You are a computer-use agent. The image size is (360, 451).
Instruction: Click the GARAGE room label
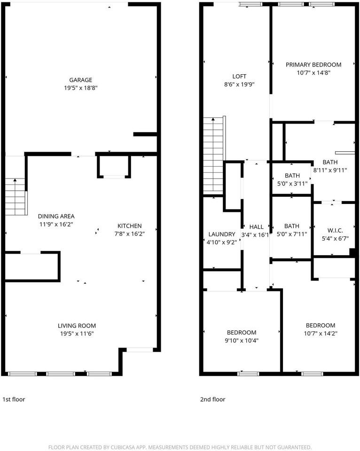[x=80, y=80]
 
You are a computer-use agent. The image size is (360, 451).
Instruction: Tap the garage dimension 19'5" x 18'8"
[x=80, y=88]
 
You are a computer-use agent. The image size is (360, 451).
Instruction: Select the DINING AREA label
[x=56, y=216]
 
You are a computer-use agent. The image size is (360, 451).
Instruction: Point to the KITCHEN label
[x=130, y=226]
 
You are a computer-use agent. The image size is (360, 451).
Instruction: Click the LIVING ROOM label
[x=77, y=326]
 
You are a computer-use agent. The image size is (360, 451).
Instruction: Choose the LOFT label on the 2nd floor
[x=239, y=76]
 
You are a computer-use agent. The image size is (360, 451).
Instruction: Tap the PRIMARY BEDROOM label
[x=313, y=65]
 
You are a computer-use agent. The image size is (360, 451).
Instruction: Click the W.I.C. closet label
[x=335, y=230]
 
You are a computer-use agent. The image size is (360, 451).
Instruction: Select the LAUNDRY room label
[x=221, y=234]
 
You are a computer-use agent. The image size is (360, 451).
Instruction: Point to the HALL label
[x=257, y=227]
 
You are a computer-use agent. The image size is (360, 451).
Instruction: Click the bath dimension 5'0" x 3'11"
[x=292, y=184]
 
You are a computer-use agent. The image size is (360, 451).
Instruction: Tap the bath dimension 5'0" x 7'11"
[x=292, y=234]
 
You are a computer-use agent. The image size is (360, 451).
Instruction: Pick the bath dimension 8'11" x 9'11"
[x=330, y=170]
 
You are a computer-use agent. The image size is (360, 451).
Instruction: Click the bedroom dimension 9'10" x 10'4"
[x=242, y=341]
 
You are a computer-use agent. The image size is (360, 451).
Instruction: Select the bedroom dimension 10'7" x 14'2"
[x=321, y=334]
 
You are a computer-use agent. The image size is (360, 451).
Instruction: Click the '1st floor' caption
[x=14, y=399]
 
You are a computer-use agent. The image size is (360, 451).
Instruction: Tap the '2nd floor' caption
[x=212, y=399]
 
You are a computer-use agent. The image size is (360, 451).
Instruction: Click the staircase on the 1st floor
[x=16, y=197]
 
